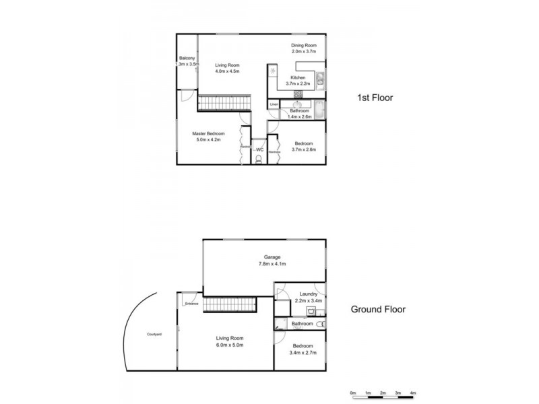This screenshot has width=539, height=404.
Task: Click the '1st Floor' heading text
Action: coord(375,98)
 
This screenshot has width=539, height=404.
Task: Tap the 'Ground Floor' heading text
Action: coord(378,310)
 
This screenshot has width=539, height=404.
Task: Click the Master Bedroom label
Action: coord(210,134)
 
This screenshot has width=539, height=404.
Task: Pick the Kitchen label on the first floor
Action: coord(298,78)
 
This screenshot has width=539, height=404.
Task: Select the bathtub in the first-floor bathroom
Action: coord(319,109)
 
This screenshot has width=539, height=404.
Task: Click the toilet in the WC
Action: coord(259,159)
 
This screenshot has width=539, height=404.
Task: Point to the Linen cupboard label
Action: coord(274,105)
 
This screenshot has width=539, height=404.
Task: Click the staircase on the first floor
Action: coord(224,104)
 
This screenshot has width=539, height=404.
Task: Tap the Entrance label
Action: coord(191,304)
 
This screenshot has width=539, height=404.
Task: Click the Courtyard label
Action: coord(154,335)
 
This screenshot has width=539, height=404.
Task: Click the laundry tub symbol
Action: coord(311,311)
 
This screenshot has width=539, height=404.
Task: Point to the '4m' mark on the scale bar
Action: coord(413,392)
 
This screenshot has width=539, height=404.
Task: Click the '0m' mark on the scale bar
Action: coord(352,392)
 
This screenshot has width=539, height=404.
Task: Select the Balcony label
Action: coord(187,59)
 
